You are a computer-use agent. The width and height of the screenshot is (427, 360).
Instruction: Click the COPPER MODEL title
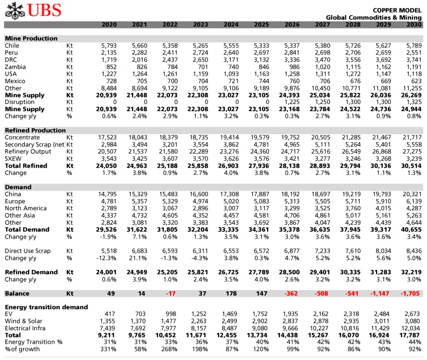[397, 10]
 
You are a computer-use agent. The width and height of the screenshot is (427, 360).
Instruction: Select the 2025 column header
[261, 25]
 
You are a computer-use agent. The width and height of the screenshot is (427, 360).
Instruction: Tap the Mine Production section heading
[31, 38]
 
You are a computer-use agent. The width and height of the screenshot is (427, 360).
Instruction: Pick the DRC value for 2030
[414, 60]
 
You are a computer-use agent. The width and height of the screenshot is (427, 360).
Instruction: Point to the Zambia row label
[15, 67]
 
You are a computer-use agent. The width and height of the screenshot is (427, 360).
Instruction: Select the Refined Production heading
[35, 130]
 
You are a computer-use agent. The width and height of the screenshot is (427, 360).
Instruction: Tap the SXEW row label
[13, 159]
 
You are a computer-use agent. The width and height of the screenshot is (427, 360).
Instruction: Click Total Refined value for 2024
[231, 166]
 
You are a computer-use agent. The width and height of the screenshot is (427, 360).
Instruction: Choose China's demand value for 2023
[200, 194]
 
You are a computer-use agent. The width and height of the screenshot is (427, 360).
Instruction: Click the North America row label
[26, 208]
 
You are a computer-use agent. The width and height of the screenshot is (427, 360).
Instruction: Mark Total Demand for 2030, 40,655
[413, 229]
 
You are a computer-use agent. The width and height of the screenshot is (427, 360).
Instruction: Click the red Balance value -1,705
[412, 294]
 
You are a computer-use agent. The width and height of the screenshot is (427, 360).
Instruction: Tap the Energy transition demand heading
[46, 307]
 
